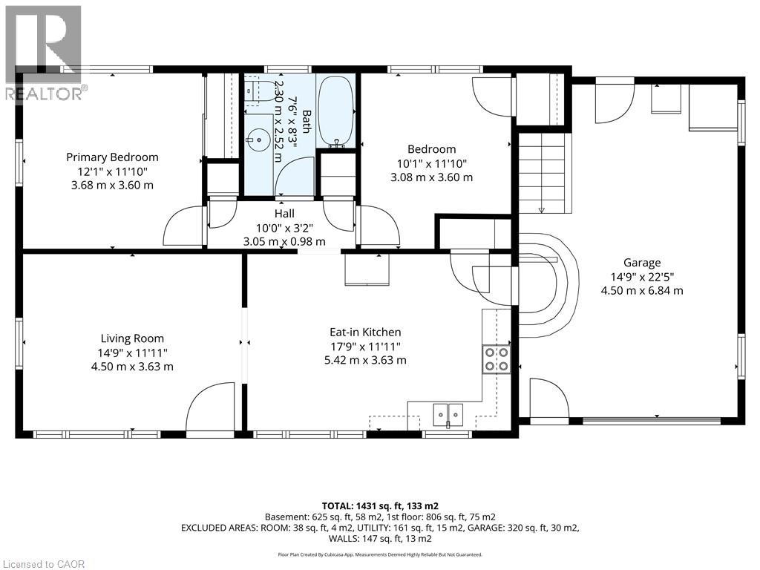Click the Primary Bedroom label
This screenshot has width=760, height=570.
(x=113, y=157)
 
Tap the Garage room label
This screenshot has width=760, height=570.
(x=642, y=263)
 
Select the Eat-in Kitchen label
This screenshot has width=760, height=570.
(x=365, y=332)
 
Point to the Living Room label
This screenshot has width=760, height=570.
(x=132, y=338)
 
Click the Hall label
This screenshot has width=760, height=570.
(x=284, y=213)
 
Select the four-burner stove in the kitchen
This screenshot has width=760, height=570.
(x=497, y=359)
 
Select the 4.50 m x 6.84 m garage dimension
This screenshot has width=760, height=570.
(x=642, y=291)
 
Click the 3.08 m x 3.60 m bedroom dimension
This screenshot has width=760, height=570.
(x=431, y=177)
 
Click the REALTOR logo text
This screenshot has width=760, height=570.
(x=44, y=94)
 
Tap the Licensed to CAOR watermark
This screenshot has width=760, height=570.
(x=42, y=564)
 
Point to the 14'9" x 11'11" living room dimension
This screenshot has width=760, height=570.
(x=132, y=353)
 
